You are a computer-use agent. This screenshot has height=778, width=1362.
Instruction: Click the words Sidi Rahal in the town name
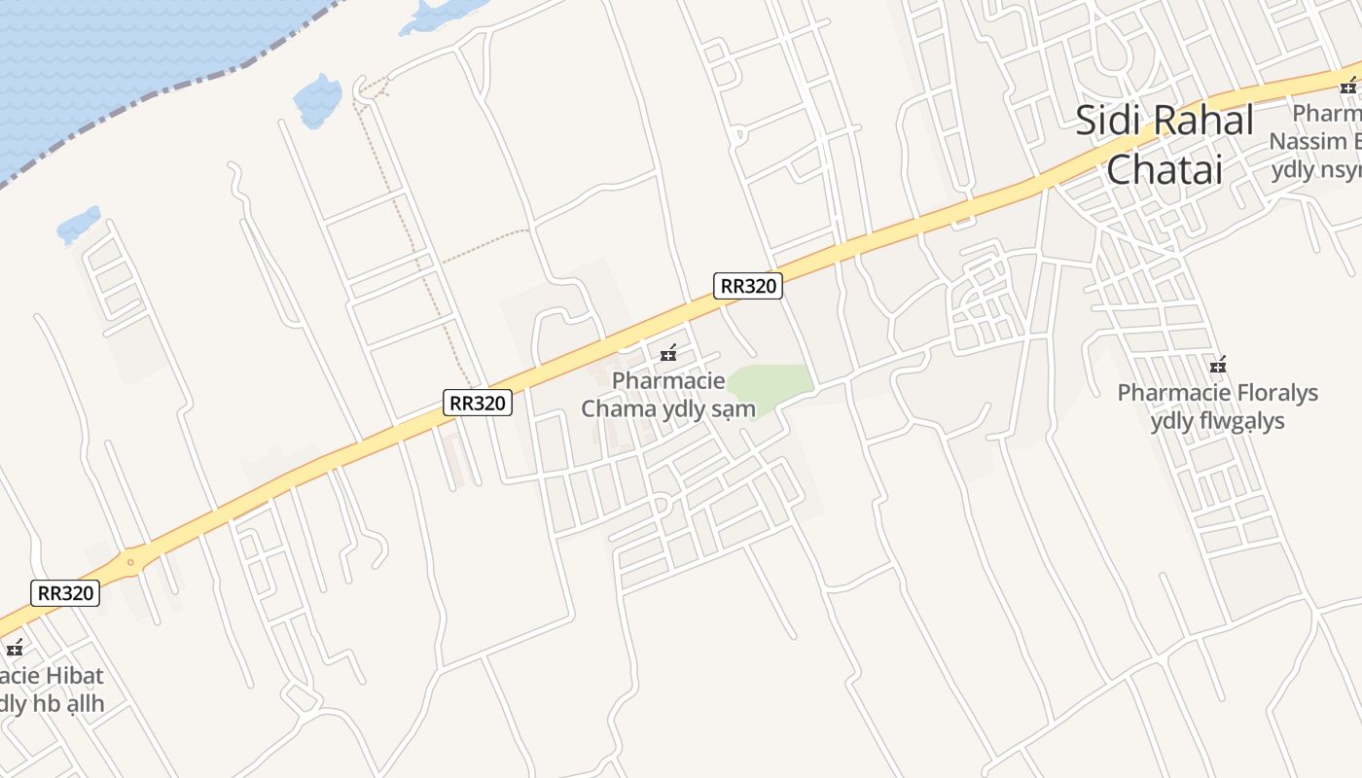(x=1165, y=121)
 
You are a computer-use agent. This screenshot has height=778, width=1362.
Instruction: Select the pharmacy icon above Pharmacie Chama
(x=668, y=352)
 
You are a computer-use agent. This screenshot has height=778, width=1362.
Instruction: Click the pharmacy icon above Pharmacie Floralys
(x=1217, y=365)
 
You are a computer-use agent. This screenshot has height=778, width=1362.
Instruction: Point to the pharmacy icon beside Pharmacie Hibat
(x=14, y=647)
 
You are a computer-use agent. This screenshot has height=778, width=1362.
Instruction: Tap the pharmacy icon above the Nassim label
(x=1348, y=86)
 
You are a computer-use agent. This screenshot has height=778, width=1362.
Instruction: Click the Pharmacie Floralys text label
(x=1217, y=393)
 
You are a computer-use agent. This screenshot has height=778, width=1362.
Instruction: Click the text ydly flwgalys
(x=1217, y=421)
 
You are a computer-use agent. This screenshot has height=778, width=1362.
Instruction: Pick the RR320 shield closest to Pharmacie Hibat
(x=65, y=593)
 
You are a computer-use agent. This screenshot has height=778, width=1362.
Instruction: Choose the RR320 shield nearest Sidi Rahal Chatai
(x=748, y=286)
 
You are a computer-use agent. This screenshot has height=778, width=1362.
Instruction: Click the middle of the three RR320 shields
(x=478, y=403)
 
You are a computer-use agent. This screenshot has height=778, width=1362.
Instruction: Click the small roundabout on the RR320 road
(x=129, y=562)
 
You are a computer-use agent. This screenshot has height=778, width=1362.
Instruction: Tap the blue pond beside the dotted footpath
(x=317, y=100)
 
